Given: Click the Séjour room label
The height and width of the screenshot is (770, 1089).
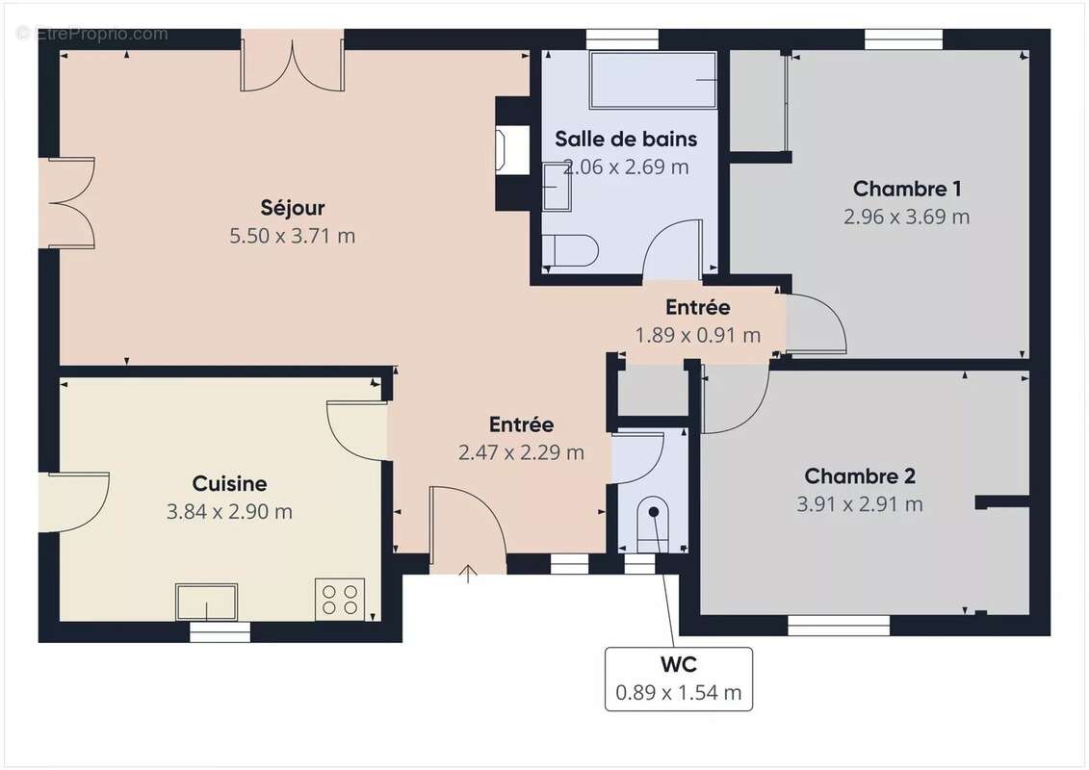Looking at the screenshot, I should tap(293, 207).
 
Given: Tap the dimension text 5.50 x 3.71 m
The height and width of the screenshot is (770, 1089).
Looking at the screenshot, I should tap(293, 236).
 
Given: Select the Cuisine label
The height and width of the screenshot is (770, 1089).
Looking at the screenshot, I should tap(229, 483).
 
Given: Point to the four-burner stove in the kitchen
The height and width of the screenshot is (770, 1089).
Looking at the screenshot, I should tap(340, 599).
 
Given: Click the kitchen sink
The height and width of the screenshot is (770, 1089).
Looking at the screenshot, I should tap(206, 603).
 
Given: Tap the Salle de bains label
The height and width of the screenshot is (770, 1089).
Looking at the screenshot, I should tap(626, 139).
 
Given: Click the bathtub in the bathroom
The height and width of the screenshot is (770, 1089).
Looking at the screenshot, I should tap(653, 80).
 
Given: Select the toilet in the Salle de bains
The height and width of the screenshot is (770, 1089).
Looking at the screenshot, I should tap(569, 249).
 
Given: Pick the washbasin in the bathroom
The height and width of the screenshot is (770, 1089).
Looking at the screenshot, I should tap(556, 186).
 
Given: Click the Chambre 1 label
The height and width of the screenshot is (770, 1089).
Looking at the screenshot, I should tap(907, 188).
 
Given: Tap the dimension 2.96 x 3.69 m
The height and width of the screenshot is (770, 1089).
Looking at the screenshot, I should tap(907, 217).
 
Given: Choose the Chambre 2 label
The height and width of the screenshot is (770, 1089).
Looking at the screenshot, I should tap(860, 475).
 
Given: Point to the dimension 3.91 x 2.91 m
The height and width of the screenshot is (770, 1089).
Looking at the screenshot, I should tap(860, 503).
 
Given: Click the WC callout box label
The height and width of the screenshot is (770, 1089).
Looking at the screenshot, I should tap(679, 664).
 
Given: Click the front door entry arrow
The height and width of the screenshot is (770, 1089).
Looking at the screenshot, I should tap(469, 575).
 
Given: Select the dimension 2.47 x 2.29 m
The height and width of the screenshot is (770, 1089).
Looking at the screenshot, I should tap(521, 452).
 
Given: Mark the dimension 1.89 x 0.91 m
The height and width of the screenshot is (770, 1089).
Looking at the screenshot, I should tap(698, 335).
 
